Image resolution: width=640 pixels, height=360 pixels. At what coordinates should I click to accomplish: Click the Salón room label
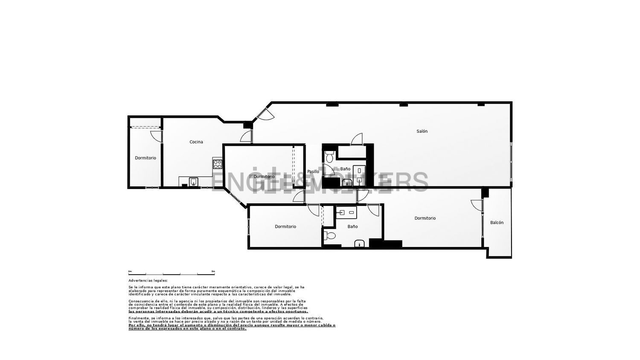(422, 131)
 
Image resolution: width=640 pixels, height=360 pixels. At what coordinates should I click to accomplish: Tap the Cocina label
(196, 142)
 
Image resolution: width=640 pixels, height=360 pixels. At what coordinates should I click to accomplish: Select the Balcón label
(497, 223)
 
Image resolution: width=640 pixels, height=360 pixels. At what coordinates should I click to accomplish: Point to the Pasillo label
(313, 172)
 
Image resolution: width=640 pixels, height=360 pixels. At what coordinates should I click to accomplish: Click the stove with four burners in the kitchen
(218, 164)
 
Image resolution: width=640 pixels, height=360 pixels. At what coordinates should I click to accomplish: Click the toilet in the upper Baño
(329, 157)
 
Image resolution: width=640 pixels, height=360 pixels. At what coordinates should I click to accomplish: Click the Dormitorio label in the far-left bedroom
(145, 158)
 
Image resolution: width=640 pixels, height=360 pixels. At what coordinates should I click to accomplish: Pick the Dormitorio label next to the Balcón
(425, 218)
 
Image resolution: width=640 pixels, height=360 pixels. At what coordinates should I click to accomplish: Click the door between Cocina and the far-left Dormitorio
(157, 136)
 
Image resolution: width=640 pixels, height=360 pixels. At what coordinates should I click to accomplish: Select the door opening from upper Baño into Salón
(357, 139)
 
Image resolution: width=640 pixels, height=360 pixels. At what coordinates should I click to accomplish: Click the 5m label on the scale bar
(213, 271)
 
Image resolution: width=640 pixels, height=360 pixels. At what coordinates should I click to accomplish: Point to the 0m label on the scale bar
(130, 271)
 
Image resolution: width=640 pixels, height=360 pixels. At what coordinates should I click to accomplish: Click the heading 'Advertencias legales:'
(148, 281)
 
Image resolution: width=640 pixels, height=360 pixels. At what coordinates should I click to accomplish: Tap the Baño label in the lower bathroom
(352, 227)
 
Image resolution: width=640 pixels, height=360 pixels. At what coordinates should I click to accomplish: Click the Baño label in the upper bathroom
(345, 169)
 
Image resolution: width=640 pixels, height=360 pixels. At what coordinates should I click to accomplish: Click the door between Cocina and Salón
(246, 136)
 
